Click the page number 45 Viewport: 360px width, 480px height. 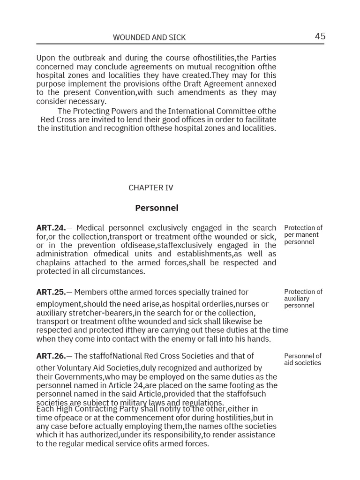(320, 37)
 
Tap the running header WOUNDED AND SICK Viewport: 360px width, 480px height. (150, 37)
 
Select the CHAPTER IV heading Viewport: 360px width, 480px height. (150, 187)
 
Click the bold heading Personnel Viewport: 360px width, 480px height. (157, 208)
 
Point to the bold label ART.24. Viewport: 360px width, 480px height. (51, 228)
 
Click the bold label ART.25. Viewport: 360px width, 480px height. (51, 292)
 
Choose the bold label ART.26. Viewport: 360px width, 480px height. (51, 356)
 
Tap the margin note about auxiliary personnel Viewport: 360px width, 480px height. (303, 299)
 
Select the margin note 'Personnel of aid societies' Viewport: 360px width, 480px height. (303, 359)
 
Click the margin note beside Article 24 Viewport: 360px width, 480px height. (303, 234)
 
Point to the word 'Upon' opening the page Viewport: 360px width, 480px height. (45, 58)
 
